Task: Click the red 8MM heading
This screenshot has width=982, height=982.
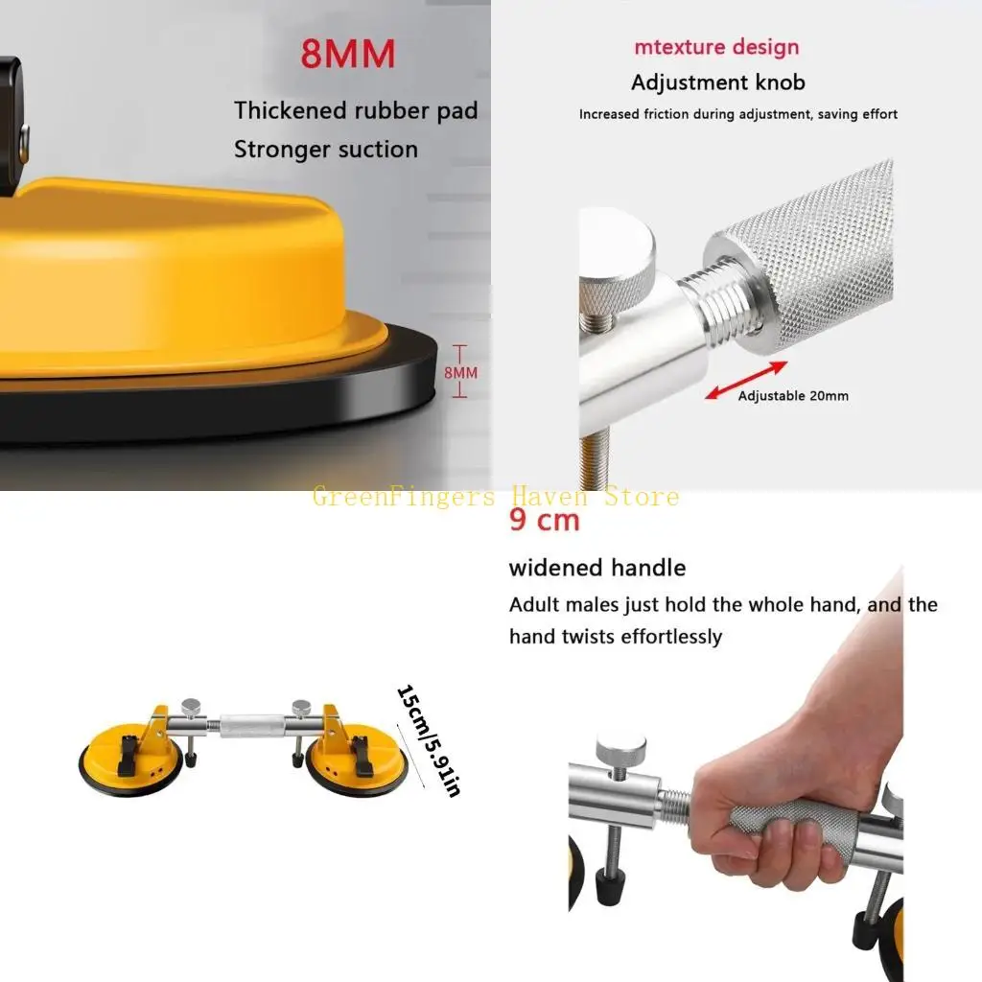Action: click(x=347, y=55)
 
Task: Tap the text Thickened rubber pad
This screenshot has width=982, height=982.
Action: click(x=355, y=110)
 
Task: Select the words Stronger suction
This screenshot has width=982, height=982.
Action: click(x=326, y=150)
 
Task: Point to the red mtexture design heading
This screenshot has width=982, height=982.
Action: click(x=715, y=47)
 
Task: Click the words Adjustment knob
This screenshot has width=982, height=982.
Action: click(x=717, y=83)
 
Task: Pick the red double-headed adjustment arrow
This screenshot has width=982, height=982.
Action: click(x=746, y=380)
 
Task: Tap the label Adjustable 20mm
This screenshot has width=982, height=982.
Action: click(x=792, y=395)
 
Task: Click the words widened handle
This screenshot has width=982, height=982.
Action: click(x=596, y=568)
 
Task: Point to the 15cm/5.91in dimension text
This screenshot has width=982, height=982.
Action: click(x=429, y=740)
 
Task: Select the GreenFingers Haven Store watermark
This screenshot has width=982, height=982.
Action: click(x=495, y=497)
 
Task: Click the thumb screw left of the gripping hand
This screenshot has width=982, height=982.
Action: click(x=620, y=747)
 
